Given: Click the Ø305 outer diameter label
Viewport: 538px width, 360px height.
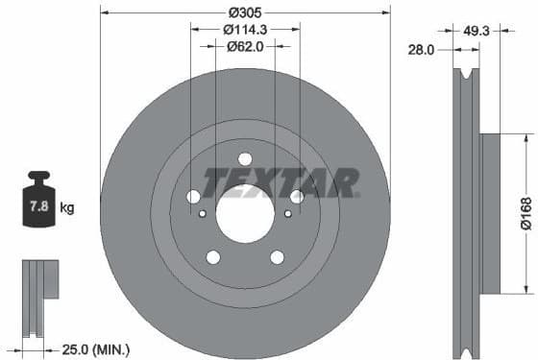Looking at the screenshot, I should [246, 12].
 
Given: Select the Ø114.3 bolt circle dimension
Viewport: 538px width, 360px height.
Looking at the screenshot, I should [245, 29].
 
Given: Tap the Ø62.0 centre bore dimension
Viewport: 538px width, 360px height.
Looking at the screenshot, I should [245, 45].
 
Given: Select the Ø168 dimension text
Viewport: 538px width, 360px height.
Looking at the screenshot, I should [526, 213].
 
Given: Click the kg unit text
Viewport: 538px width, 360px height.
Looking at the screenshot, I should [67, 207].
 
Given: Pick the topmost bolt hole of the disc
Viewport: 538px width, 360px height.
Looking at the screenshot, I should [245, 159].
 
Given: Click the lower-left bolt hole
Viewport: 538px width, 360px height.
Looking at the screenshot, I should [213, 256].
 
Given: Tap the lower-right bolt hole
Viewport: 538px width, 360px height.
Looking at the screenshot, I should [277, 256].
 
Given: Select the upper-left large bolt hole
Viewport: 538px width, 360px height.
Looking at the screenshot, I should [193, 197].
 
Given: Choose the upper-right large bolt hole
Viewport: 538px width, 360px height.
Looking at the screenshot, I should [297, 197].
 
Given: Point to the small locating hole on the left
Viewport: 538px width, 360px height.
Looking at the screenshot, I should [202, 213].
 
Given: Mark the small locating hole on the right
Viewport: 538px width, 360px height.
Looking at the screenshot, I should [288, 213].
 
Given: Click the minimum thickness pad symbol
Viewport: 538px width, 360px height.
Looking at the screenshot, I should [39, 296].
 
